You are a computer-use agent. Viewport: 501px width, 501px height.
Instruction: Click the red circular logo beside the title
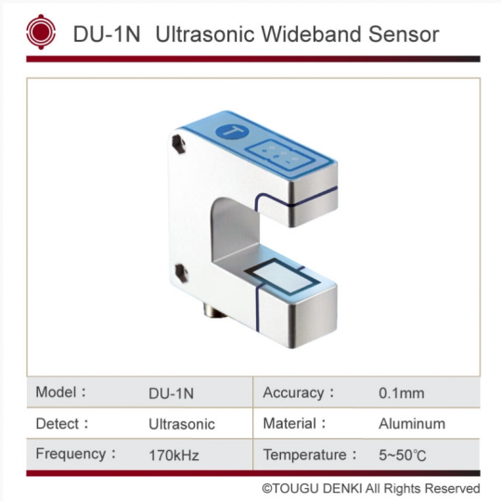tap(41, 32)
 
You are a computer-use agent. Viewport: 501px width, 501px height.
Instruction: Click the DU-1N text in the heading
tap(107, 34)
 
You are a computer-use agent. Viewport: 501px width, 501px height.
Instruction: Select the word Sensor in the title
tap(404, 34)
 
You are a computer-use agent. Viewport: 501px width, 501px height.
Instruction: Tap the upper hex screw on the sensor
tap(178, 144)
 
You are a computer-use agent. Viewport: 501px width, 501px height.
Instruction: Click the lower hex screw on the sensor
tap(181, 272)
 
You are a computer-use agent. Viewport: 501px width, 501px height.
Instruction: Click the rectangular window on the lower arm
tap(282, 276)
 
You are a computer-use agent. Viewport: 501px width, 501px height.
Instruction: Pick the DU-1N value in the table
tap(172, 393)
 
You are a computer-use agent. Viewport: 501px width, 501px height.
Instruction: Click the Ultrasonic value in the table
tap(182, 424)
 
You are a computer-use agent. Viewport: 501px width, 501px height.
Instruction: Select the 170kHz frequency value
tap(173, 455)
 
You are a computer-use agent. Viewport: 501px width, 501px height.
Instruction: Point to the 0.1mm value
tap(402, 393)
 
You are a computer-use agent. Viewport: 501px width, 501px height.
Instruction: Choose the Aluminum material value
tap(412, 424)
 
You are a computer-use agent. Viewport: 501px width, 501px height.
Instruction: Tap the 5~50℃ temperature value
tap(403, 455)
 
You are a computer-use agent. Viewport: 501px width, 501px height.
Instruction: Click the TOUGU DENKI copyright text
tap(371, 488)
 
